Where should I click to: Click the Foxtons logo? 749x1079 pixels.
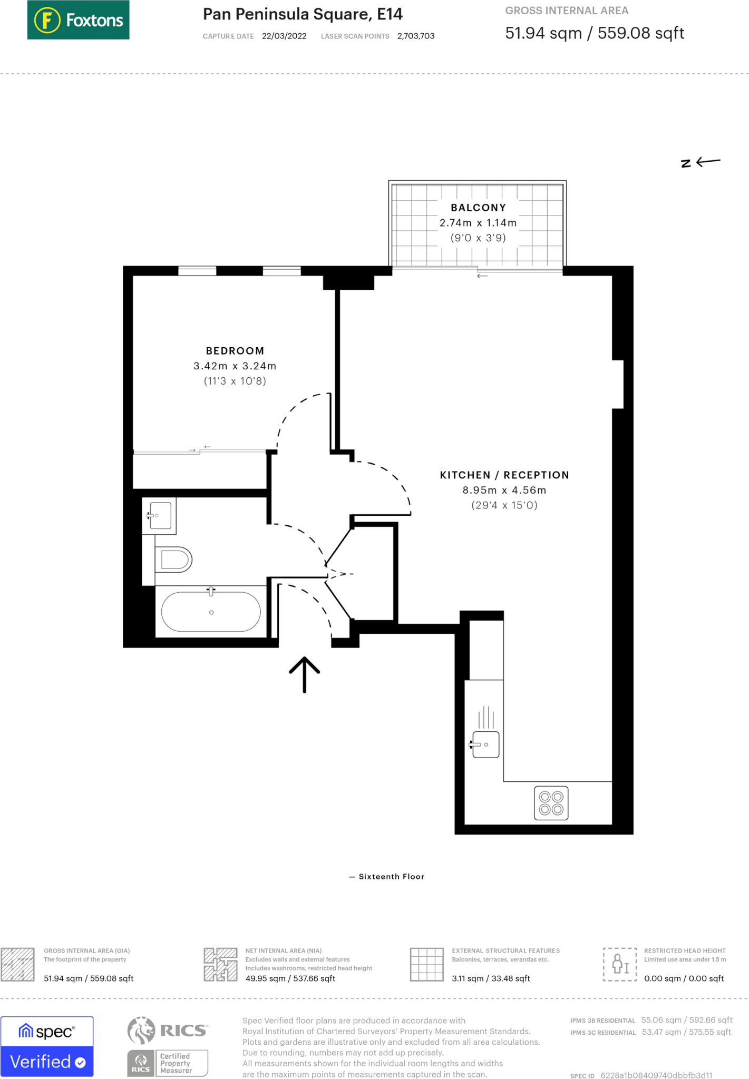click(78, 20)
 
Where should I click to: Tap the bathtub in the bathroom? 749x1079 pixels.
click(210, 612)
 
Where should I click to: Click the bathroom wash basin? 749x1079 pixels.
click(160, 515)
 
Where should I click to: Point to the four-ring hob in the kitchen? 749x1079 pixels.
click(551, 803)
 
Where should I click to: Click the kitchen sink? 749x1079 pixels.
click(485, 744)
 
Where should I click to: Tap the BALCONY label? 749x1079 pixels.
click(478, 208)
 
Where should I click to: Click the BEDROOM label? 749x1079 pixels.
click(235, 351)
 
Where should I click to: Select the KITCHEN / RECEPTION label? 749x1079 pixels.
click(504, 475)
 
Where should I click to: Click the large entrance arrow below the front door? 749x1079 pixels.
click(304, 674)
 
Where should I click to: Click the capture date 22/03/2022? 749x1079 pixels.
click(284, 36)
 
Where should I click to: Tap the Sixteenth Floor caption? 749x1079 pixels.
click(391, 877)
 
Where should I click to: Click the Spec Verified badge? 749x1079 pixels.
click(47, 1046)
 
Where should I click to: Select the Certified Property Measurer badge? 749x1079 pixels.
click(168, 1063)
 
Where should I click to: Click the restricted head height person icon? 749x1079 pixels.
click(619, 964)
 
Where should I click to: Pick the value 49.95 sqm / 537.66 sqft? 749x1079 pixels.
click(290, 978)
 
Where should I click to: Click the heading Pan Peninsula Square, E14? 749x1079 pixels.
click(303, 14)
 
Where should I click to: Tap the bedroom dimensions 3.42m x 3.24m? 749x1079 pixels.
click(235, 366)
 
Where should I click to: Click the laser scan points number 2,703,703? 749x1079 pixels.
click(416, 36)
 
